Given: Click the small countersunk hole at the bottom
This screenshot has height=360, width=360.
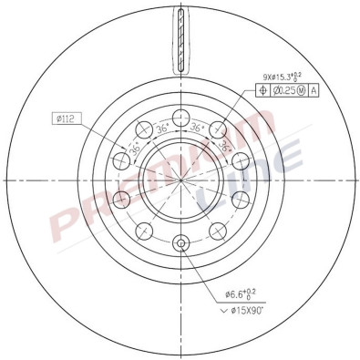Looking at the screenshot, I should click(x=180, y=242).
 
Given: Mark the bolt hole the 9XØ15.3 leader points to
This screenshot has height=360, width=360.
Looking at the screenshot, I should click(x=219, y=130).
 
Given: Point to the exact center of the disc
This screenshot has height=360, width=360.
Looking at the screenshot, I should click(x=180, y=179).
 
